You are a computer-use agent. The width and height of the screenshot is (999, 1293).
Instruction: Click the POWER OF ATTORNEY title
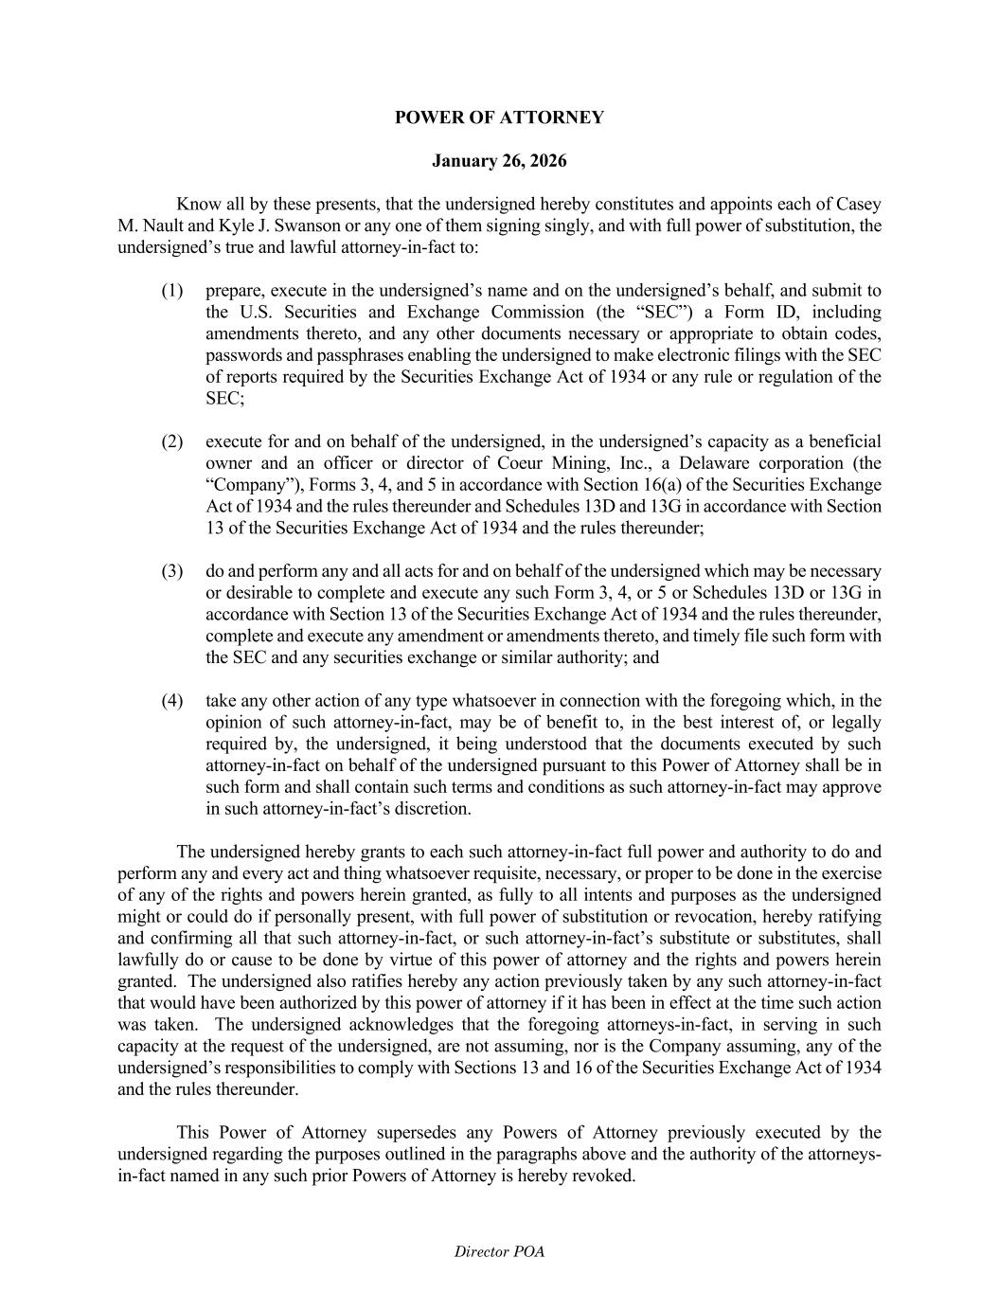click(x=499, y=117)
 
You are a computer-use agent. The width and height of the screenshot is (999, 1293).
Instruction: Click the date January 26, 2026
click(x=499, y=161)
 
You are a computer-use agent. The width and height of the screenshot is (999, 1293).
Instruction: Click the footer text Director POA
click(x=499, y=1252)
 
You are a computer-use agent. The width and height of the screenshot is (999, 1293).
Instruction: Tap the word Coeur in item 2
click(x=474, y=464)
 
